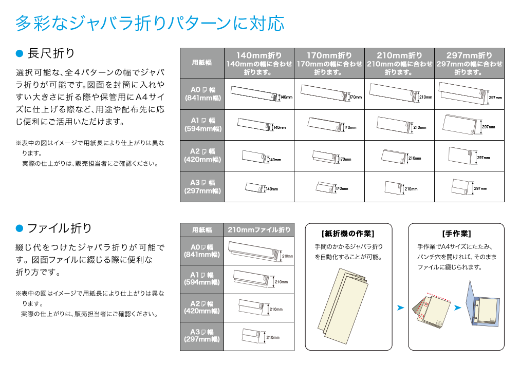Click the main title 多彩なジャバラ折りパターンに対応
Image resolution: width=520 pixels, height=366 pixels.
click(150, 23)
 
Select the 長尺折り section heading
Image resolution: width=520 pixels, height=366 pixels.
click(51, 53)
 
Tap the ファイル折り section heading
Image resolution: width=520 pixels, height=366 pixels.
click(60, 228)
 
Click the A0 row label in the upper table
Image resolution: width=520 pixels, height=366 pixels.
click(202, 94)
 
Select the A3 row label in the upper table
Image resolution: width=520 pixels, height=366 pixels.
click(202, 186)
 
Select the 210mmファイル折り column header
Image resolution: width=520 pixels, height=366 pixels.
click(259, 229)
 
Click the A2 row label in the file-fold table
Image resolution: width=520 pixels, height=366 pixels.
click(202, 307)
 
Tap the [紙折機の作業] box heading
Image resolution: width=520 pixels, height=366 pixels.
click(348, 234)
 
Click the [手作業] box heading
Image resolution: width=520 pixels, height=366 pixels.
click(456, 234)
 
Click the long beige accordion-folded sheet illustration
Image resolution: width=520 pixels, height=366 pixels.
click(343, 306)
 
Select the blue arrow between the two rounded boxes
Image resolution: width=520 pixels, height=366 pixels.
click(401, 307)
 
